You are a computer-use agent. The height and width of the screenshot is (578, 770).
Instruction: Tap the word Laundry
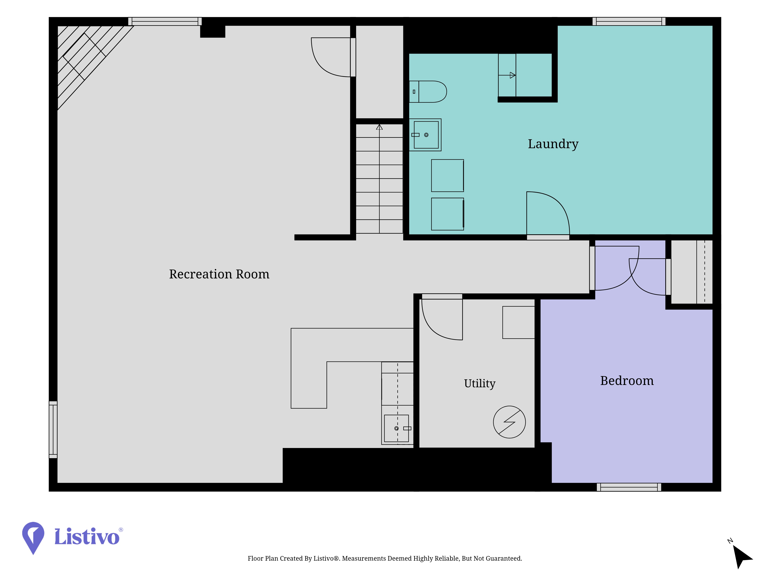[553, 144]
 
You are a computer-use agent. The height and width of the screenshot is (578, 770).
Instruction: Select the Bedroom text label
[627, 381]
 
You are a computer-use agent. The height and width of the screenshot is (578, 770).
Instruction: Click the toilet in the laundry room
[428, 92]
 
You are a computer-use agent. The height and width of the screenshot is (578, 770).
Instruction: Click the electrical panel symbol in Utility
[509, 422]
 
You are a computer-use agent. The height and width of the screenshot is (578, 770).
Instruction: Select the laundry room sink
[425, 135]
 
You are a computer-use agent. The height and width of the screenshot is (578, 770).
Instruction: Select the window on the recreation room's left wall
[53, 430]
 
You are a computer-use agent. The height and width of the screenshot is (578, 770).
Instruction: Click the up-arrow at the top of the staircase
[379, 127]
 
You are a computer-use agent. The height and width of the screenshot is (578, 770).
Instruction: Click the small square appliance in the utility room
[518, 322]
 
